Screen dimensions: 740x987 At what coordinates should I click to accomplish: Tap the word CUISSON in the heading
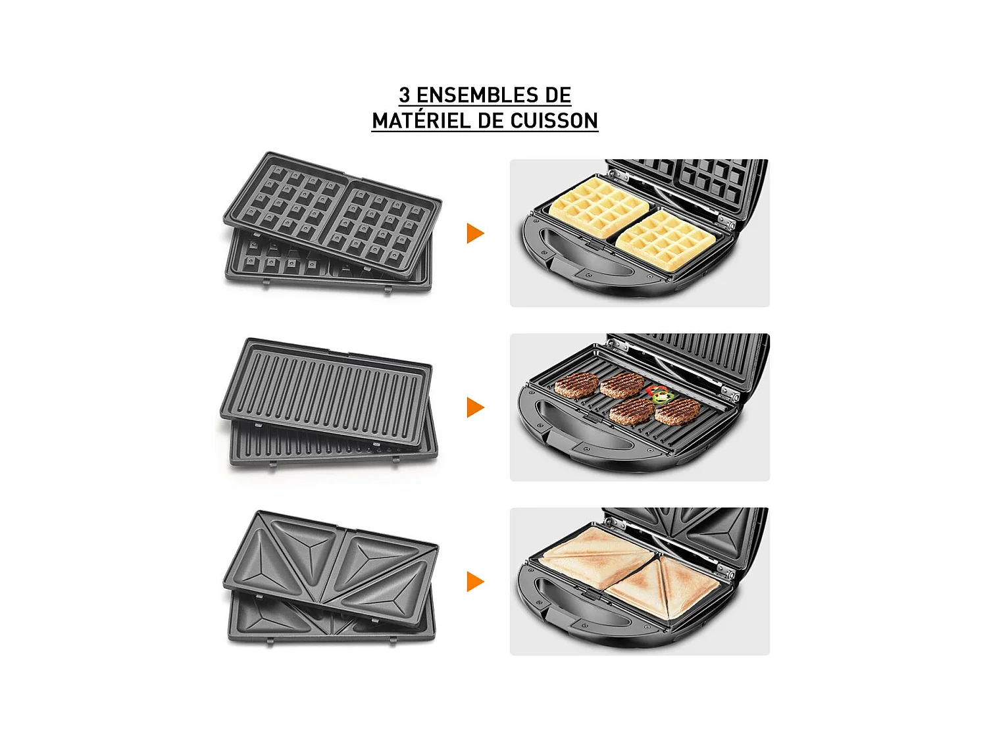(554, 121)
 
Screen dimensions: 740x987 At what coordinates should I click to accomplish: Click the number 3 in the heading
(405, 95)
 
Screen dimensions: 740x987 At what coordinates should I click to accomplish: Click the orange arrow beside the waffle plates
(475, 234)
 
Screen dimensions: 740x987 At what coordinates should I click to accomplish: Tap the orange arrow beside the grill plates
(475, 407)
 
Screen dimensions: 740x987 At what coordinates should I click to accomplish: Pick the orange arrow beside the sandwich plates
(475, 581)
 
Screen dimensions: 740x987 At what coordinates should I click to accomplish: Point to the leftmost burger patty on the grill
(576, 385)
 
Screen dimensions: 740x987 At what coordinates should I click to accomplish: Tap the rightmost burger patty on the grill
(678, 412)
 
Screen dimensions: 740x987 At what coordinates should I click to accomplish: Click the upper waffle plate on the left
(332, 214)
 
